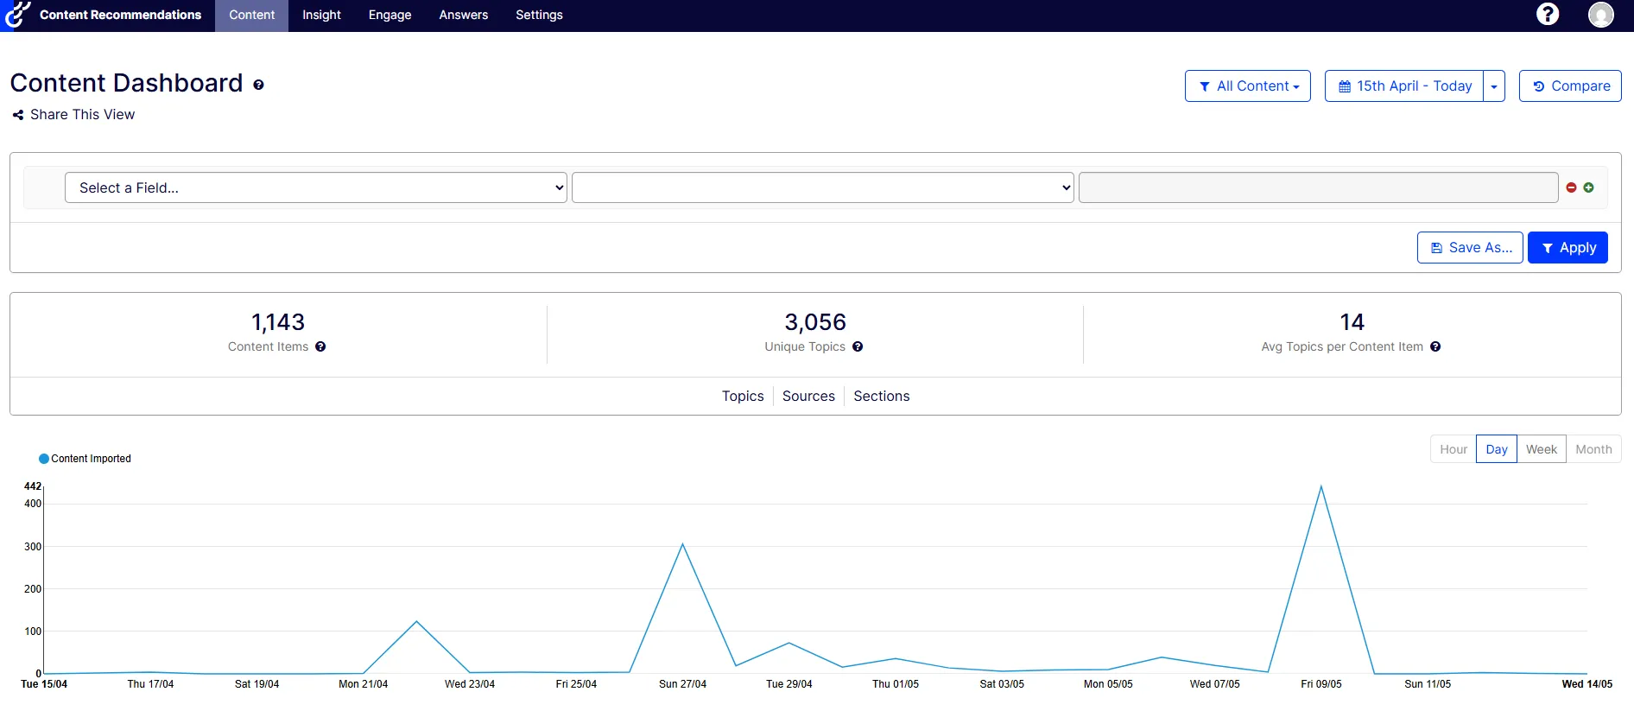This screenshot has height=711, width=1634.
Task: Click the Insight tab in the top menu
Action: point(321,15)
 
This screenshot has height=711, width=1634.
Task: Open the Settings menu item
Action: point(539,15)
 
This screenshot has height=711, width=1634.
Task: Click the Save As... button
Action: point(1470,248)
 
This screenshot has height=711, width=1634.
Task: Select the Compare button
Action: point(1570,86)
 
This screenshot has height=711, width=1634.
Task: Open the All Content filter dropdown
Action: point(1248,86)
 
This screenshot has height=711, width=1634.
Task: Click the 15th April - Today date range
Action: point(1404,86)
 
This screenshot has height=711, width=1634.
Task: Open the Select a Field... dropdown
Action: point(316,187)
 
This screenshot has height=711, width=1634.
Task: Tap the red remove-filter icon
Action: point(1571,187)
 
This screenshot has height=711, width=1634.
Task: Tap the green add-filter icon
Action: point(1588,187)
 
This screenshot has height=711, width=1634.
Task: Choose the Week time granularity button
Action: point(1542,449)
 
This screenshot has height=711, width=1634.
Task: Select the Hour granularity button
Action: point(1453,449)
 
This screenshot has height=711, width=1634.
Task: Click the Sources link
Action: point(808,396)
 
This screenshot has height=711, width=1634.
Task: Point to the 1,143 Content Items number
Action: point(278,322)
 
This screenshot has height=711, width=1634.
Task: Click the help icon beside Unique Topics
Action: point(858,346)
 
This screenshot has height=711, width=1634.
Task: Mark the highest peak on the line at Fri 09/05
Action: point(1320,486)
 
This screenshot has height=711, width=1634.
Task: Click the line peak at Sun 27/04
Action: point(682,544)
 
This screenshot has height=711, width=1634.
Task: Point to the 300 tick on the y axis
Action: point(33,547)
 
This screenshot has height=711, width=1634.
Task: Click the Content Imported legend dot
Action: point(44,459)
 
